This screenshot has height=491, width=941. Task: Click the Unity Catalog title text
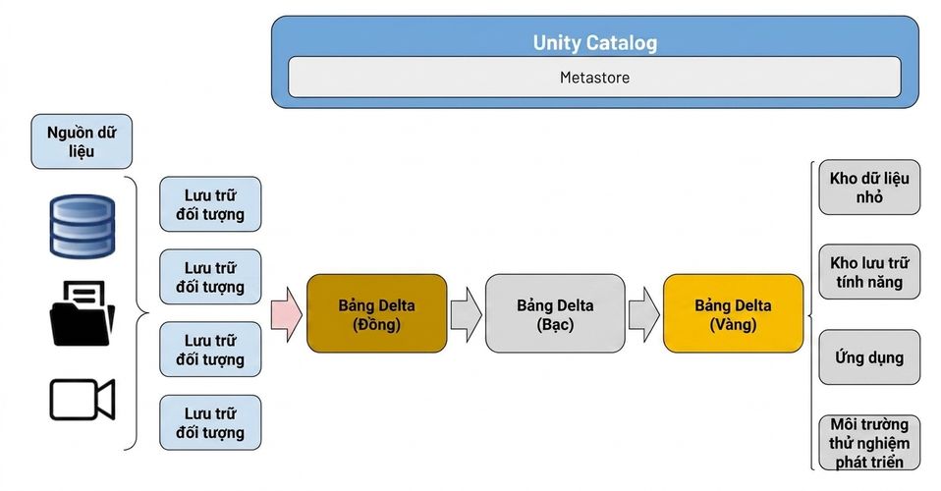[594, 42]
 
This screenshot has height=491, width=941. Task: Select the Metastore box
[594, 77]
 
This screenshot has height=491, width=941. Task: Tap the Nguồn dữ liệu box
[82, 141]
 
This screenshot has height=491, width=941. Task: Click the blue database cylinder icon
[82, 226]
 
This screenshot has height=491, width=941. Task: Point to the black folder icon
[82, 313]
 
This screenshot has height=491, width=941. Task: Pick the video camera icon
[82, 399]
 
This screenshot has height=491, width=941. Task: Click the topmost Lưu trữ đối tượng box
[210, 204]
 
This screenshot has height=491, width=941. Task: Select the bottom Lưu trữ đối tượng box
[210, 422]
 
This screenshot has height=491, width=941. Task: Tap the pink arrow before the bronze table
[286, 314]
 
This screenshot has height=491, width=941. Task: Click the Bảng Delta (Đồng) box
[377, 314]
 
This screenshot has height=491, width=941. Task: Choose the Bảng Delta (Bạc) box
[555, 314]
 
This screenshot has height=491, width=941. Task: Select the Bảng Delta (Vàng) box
[733, 314]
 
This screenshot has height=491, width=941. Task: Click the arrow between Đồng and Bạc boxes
[466, 314]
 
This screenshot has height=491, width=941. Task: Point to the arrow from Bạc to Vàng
[644, 314]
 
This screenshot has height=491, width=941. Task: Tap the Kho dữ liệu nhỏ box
[869, 188]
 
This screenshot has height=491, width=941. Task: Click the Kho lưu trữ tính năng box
[869, 272]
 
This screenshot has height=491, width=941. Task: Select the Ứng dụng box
[869, 357]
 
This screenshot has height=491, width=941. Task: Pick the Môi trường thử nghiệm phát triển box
[869, 442]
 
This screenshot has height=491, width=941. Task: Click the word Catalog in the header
[622, 43]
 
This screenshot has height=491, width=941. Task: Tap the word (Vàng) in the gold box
[733, 325]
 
